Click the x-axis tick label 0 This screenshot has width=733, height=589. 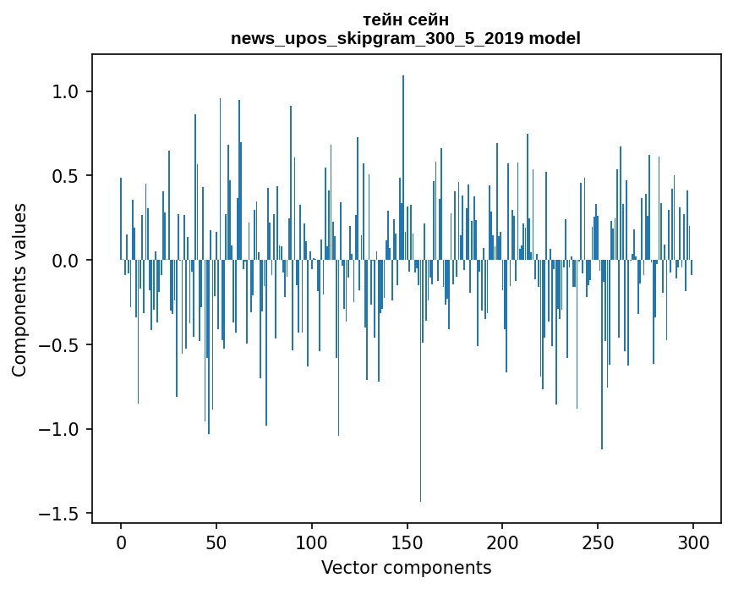click(121, 542)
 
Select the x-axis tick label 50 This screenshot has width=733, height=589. click(216, 542)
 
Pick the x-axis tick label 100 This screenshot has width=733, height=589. click(312, 542)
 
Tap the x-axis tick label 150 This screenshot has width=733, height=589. click(407, 542)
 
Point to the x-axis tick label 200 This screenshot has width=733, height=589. click(502, 542)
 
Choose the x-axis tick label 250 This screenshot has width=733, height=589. click(598, 542)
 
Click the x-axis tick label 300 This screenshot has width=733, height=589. click(693, 542)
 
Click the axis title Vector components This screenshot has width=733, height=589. click(406, 567)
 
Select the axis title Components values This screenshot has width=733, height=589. click(19, 289)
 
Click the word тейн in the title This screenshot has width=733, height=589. click(382, 19)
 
